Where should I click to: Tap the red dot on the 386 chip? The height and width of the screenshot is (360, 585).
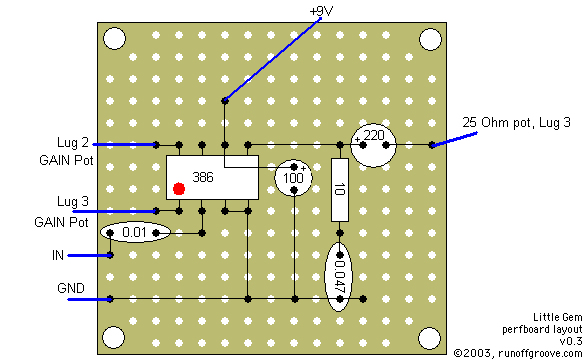(x=179, y=188)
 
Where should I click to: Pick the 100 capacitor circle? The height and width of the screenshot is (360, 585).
(x=293, y=177)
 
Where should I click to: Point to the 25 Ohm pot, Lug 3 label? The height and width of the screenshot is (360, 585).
(x=516, y=122)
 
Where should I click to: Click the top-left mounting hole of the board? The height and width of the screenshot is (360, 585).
(x=114, y=40)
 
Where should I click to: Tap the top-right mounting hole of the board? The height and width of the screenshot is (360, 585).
(x=429, y=40)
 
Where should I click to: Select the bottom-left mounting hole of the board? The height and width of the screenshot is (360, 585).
(x=114, y=336)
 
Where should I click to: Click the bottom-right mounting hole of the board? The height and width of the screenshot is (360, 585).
(x=429, y=336)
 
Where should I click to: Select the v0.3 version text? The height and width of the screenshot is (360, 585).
(x=570, y=340)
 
